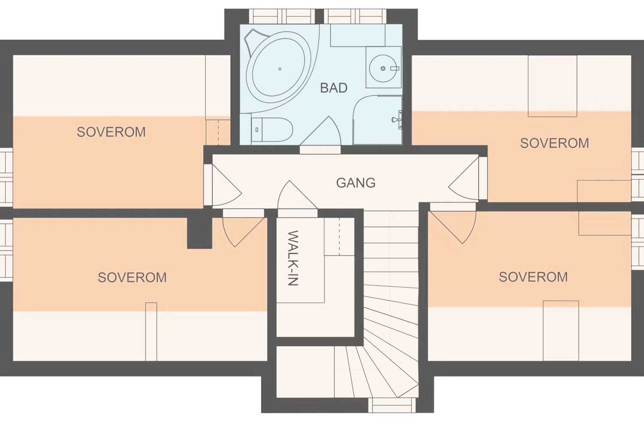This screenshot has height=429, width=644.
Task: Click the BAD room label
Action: (x=333, y=88)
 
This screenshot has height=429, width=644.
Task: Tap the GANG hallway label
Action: (x=356, y=183)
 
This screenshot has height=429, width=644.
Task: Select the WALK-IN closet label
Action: (x=293, y=258)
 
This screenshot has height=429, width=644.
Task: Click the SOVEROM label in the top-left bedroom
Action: (x=111, y=132)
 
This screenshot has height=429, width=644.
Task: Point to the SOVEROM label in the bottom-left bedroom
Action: (x=132, y=277)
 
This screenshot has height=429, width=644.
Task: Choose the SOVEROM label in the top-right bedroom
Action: (x=555, y=143)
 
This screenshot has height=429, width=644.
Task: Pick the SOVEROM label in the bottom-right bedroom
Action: (x=533, y=277)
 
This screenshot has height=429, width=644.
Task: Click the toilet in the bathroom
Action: (x=272, y=129)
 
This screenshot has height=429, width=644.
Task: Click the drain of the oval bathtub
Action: (x=280, y=69)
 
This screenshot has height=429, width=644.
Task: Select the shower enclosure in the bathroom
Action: (x=377, y=120)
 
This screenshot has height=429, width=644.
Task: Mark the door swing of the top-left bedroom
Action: (x=226, y=186)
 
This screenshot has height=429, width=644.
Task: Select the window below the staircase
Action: (x=392, y=405)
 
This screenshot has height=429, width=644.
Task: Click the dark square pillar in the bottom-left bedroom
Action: (x=199, y=233)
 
